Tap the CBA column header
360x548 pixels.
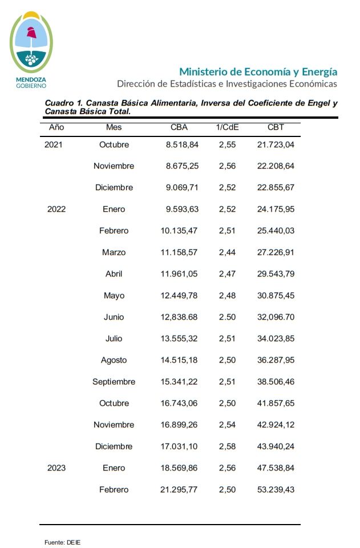pos(179,127)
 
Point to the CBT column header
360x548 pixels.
pos(276,127)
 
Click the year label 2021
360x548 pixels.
pos(53,144)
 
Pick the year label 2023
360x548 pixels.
pos(56,468)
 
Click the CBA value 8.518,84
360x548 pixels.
pos(182,144)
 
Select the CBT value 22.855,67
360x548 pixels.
pos(276,188)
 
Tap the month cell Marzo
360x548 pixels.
pos(114,252)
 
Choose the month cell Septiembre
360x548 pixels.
pos(114,382)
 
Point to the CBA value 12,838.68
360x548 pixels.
pos(180,317)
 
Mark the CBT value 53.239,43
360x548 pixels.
pos(276,490)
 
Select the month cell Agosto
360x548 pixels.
pos(114,360)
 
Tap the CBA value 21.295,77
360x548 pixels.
pos(180,490)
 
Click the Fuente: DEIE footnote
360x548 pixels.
pos(63,542)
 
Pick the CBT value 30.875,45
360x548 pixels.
pos(276,296)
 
